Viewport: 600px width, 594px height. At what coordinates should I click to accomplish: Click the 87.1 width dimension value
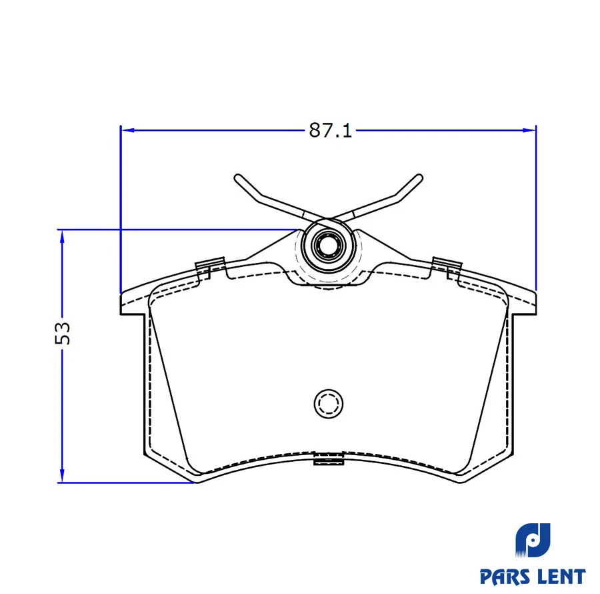(x=330, y=130)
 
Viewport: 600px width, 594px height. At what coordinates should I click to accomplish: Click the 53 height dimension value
(x=63, y=333)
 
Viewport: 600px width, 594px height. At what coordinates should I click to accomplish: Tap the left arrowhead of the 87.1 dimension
(x=127, y=130)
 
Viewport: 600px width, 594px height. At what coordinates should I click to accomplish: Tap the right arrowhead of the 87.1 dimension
(x=529, y=130)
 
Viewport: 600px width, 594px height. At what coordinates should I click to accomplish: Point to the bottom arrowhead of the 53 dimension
(x=62, y=476)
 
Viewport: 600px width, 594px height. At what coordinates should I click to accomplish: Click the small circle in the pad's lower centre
(x=328, y=404)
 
